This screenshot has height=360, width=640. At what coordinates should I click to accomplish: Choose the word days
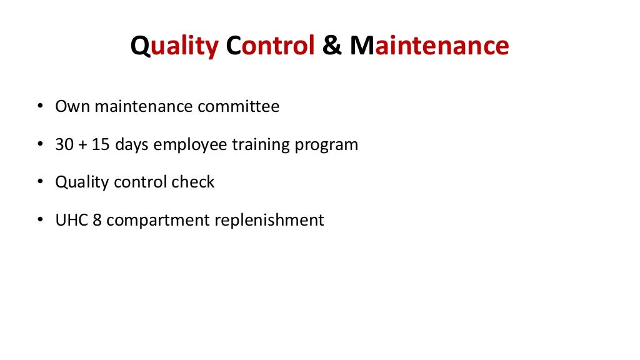coord(129,146)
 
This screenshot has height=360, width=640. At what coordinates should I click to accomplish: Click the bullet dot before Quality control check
coord(40,182)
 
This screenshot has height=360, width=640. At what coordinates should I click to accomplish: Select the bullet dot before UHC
coord(40,221)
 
